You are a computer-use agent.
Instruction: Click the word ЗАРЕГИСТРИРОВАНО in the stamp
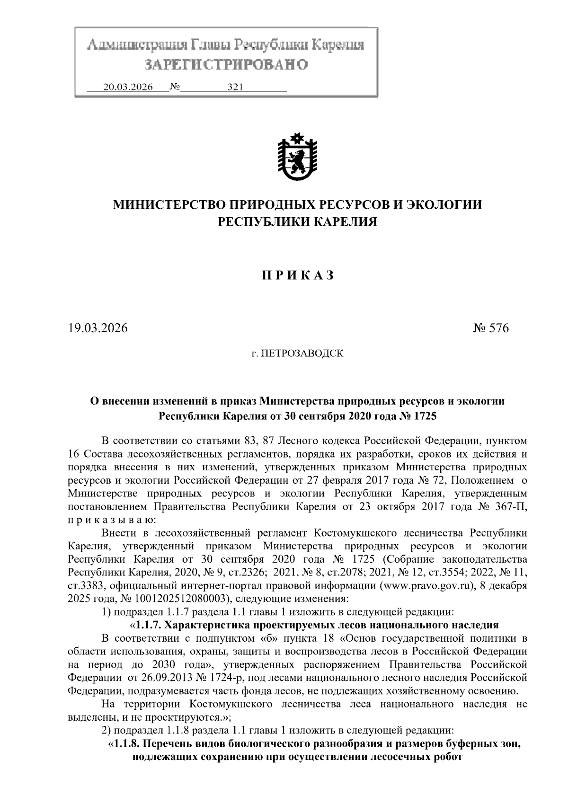point(226,64)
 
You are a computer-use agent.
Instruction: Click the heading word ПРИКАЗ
point(298,275)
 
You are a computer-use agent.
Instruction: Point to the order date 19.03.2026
point(98,328)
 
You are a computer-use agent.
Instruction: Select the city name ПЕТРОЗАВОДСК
point(302,353)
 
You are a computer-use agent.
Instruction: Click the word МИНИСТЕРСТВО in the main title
point(169,204)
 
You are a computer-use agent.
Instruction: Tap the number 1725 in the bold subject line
point(425,416)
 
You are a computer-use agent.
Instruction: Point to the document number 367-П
point(510,507)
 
